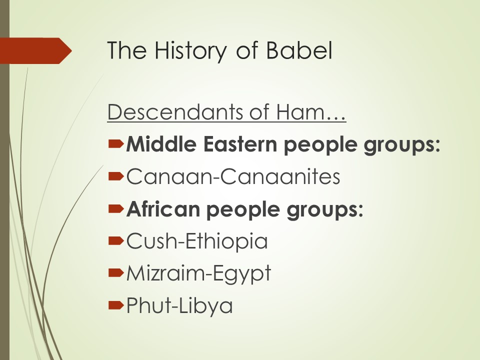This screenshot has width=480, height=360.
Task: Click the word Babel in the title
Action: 299,50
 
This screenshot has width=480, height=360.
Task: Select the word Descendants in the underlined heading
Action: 175,111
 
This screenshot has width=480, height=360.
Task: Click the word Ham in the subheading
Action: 299,111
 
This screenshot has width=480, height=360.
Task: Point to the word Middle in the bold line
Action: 161,143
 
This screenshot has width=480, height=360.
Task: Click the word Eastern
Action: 240,144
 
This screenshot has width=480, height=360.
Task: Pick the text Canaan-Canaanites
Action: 233,176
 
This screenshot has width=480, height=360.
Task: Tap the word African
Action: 163,209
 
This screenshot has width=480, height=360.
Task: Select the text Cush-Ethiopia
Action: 197,241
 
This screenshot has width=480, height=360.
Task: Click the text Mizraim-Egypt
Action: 198,273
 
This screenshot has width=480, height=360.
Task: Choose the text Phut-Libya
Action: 179,305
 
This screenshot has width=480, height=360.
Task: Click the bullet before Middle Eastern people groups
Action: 116,143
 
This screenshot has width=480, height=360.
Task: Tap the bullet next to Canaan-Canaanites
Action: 116,176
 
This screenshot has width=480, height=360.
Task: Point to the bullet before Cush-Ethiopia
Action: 116,240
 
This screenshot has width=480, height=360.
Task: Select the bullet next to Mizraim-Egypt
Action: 116,273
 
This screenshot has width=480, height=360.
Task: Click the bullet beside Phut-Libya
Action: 116,305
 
